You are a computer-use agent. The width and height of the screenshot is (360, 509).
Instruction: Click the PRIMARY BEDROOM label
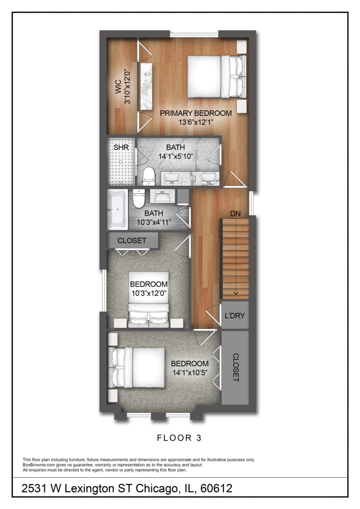196,113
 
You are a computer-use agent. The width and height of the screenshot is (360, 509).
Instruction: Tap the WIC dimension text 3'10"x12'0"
127,86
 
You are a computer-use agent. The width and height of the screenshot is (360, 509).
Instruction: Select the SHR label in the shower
121,148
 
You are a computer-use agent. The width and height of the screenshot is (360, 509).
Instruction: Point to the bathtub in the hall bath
117,209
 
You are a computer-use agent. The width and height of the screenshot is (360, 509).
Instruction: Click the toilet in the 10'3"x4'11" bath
139,198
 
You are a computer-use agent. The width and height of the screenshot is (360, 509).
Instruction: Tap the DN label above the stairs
235,213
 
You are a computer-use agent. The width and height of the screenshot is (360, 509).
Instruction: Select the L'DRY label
235,315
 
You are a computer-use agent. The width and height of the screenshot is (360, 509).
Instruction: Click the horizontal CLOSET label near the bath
132,240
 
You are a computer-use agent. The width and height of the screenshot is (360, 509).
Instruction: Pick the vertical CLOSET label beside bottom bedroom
236,368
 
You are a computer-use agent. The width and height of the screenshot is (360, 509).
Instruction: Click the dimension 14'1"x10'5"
190,373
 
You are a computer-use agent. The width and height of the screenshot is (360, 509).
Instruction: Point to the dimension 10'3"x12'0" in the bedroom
149,294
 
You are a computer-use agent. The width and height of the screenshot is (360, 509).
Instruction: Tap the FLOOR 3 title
179,438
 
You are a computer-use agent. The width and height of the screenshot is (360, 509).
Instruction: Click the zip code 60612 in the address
216,488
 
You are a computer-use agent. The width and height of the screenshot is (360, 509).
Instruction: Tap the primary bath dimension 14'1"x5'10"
176,156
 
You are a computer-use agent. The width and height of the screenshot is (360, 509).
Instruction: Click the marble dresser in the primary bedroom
147,86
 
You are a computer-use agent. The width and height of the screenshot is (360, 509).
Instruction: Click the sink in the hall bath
162,197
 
